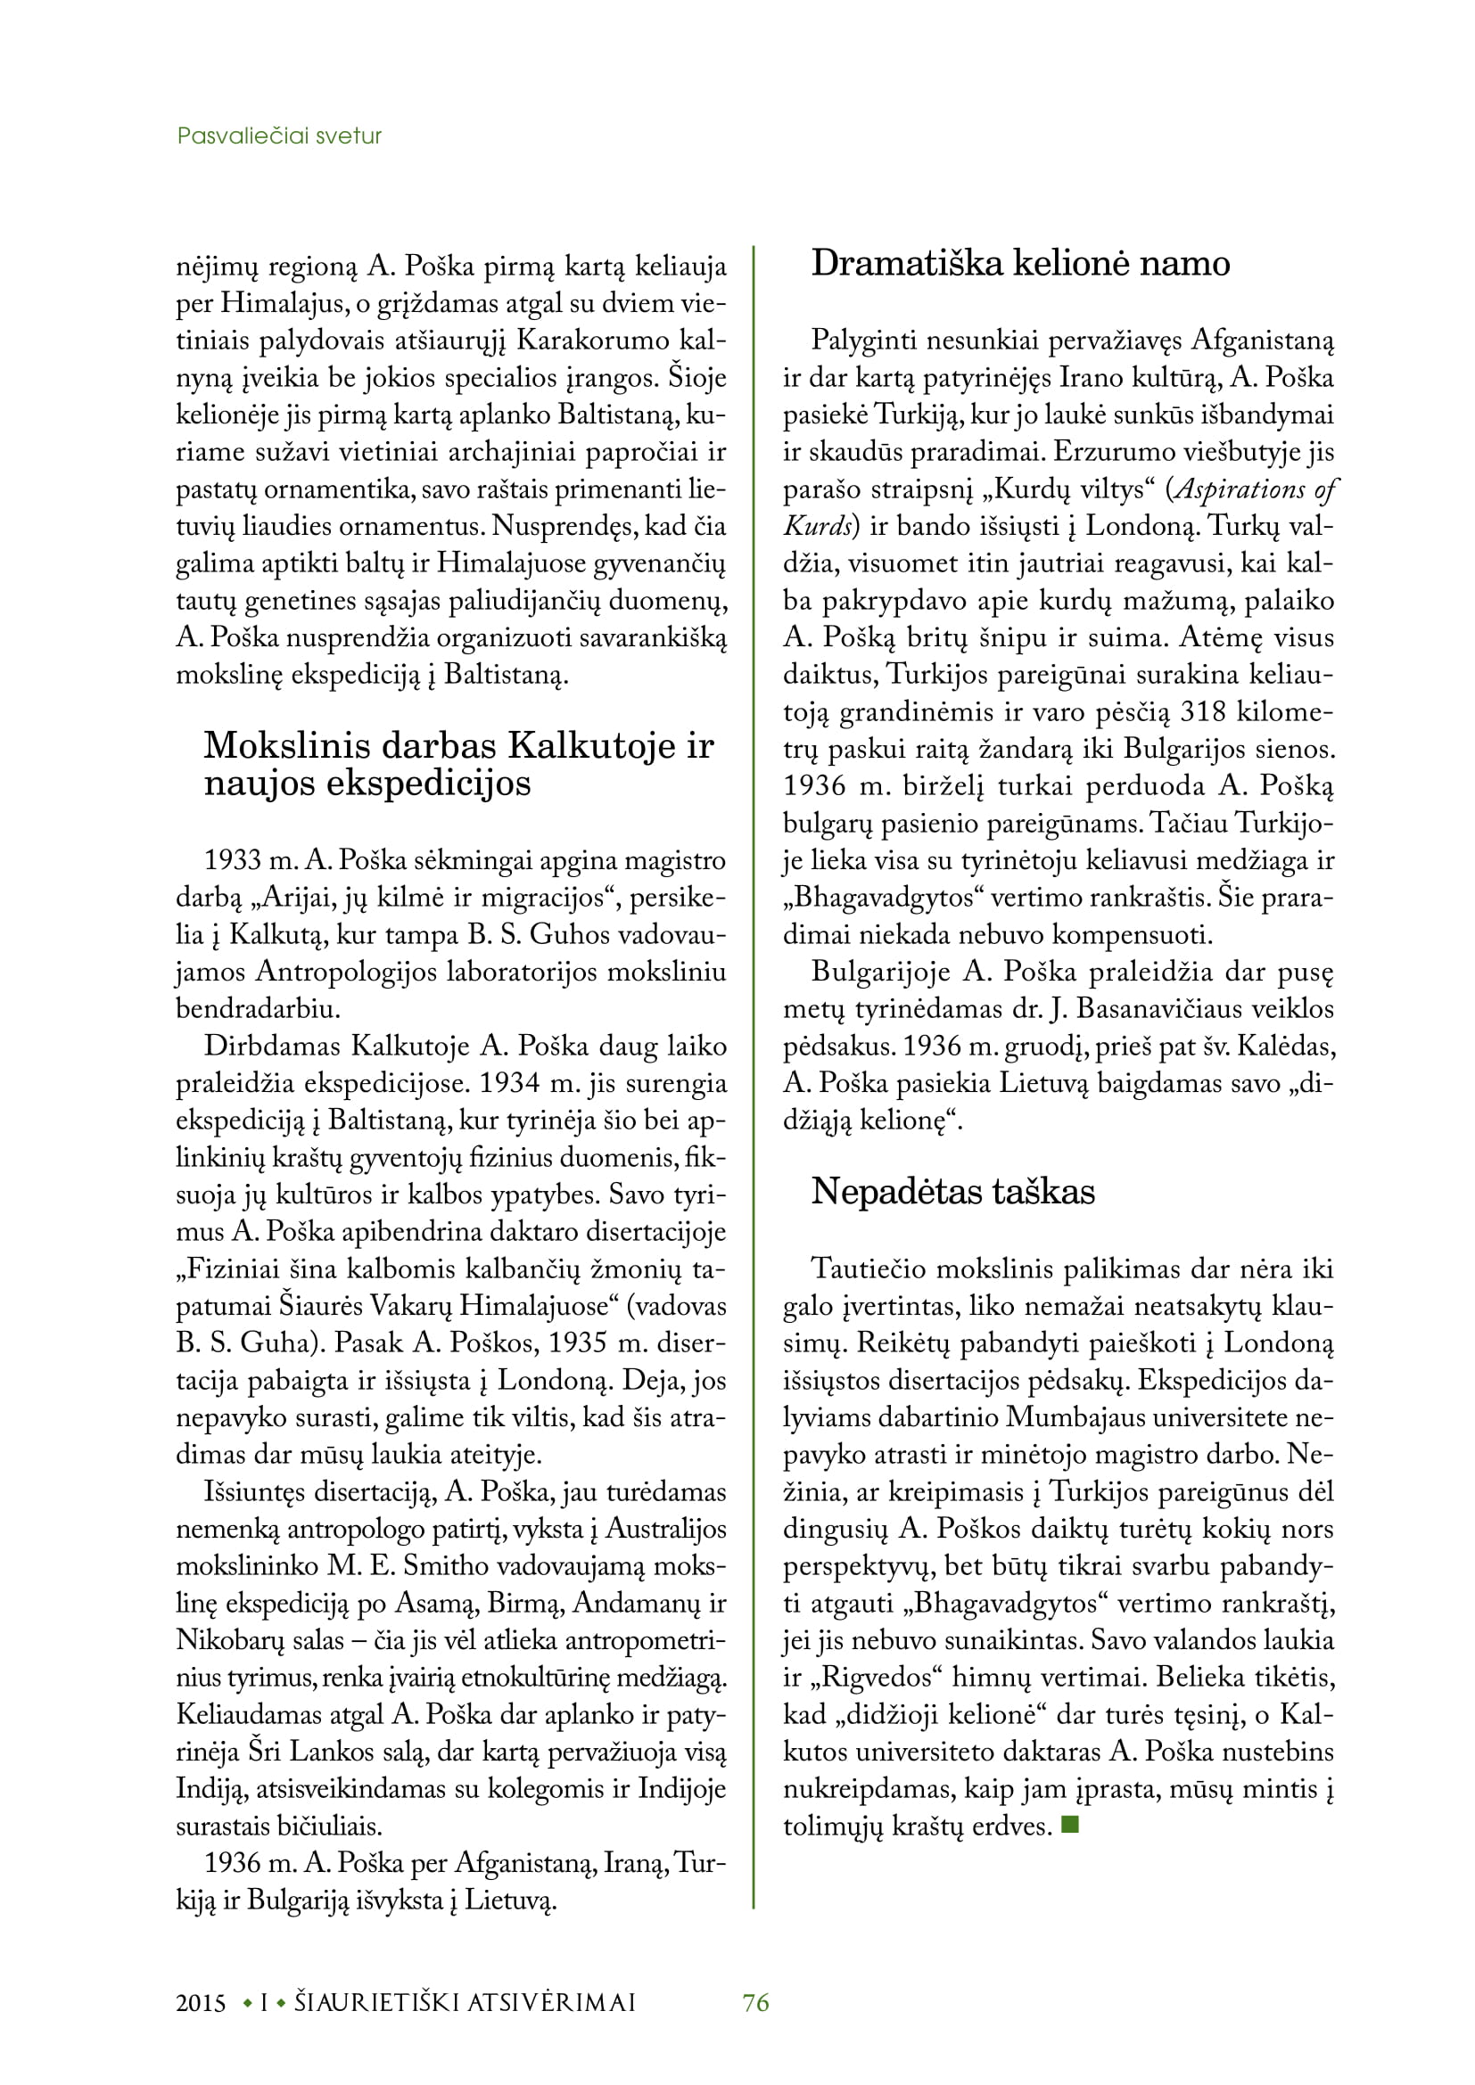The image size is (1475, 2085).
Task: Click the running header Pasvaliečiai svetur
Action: pos(279,136)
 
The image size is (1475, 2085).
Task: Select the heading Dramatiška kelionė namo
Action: pos(1020,263)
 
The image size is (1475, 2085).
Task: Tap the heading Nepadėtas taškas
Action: pos(952,1192)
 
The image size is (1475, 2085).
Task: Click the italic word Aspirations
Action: pos(1240,489)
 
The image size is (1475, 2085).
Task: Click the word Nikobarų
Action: pos(223,1641)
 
